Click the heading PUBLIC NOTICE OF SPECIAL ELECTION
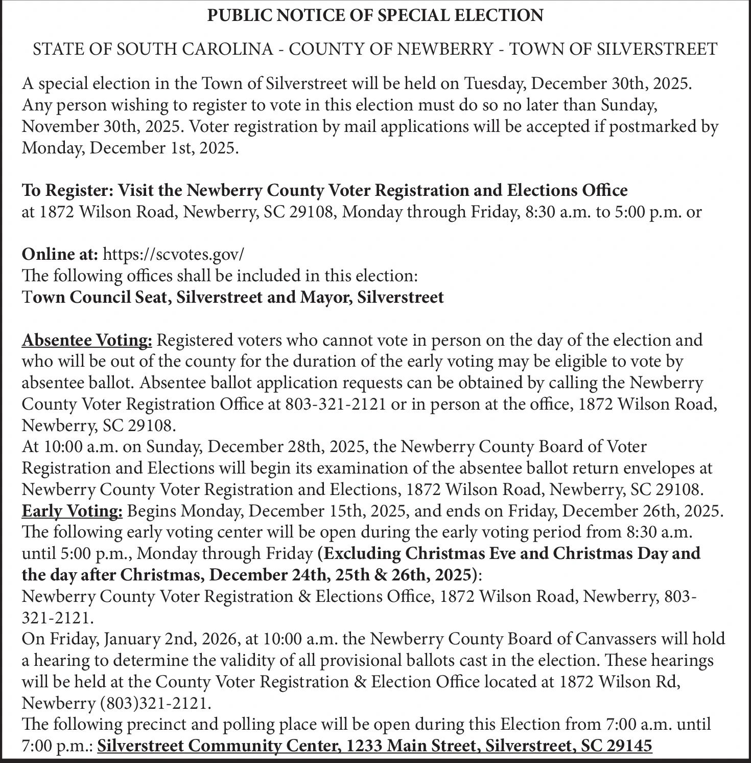(375, 16)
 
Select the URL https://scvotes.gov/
(174, 254)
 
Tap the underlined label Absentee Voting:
(87, 340)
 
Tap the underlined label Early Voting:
(72, 511)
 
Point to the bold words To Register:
(67, 190)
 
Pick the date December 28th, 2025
(288, 446)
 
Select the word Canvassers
(623, 639)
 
